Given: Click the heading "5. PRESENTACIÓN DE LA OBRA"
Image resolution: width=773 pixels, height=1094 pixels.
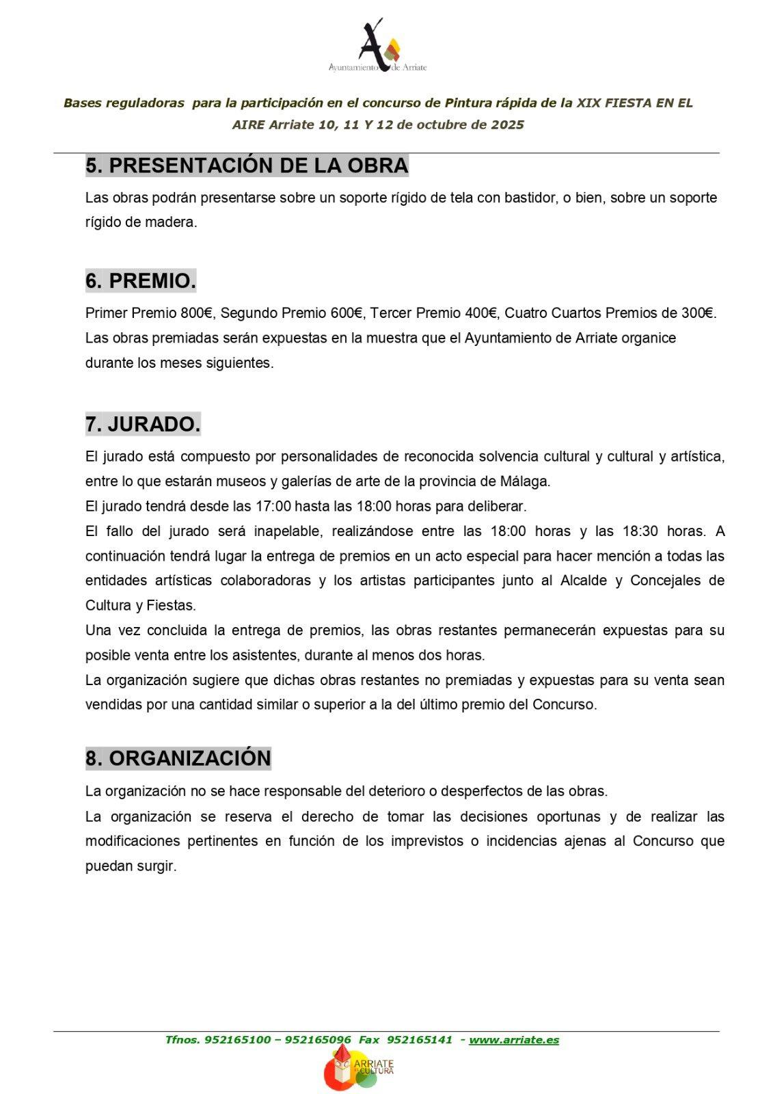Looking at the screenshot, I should tap(247, 165).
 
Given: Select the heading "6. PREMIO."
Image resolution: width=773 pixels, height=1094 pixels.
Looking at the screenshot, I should tap(141, 281).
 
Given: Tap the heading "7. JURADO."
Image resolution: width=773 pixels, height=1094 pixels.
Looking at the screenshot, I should tap(143, 425).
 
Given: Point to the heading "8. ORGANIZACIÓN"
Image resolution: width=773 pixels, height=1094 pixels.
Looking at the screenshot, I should tap(178, 758).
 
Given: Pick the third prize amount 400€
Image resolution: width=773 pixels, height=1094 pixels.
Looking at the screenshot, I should tap(481, 313).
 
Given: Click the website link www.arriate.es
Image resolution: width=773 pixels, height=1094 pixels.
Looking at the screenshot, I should tap(514, 1040).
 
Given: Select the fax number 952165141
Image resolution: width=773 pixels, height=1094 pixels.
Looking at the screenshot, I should tap(419, 1040).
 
